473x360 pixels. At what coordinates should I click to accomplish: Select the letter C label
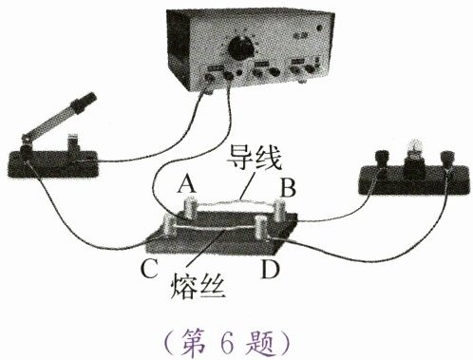pos(149,269)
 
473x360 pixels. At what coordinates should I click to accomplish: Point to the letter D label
pos(270,269)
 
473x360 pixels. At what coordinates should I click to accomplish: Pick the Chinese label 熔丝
pos(198,287)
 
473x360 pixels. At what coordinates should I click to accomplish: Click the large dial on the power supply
pos(241,48)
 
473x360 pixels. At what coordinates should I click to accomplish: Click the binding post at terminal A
pos(190,208)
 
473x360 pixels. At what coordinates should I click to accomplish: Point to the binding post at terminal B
pos(279,210)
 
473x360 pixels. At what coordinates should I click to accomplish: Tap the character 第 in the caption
pos(193,343)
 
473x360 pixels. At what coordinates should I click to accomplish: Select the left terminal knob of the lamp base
pos(380,159)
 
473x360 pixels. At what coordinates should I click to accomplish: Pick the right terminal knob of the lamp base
pos(447,159)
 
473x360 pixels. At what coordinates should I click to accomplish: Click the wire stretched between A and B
pos(236,202)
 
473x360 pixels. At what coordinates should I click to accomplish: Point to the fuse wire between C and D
pos(216,229)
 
